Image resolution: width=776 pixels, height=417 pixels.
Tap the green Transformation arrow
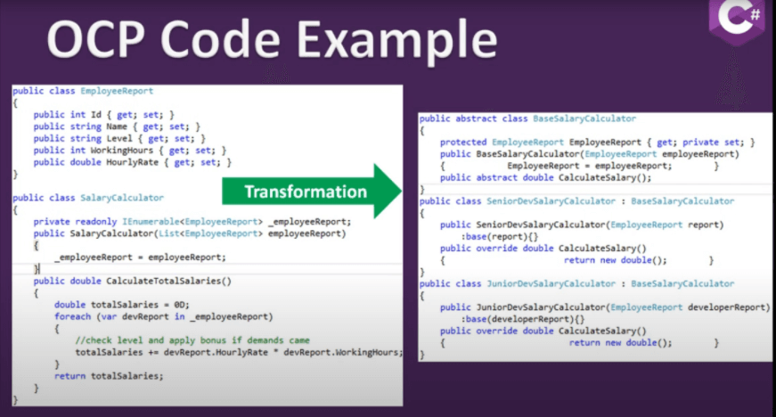(312, 191)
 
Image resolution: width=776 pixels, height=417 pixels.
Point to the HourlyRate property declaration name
(133, 162)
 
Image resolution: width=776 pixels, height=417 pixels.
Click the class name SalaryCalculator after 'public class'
(122, 198)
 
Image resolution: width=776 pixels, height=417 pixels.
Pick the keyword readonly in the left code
(96, 222)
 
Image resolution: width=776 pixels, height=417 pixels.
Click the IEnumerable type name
(151, 222)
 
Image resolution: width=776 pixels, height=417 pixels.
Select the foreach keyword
(73, 316)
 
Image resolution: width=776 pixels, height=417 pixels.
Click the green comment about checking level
(192, 340)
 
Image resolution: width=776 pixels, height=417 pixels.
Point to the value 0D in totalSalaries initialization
(181, 305)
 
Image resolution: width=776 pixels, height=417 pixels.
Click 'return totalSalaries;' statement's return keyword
(69, 376)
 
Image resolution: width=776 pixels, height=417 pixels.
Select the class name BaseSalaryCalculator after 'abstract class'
(584, 119)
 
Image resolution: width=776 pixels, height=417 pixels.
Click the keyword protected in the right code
(463, 143)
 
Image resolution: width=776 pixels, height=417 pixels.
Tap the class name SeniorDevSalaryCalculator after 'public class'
(551, 201)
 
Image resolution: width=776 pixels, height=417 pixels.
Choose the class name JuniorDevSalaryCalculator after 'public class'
(551, 284)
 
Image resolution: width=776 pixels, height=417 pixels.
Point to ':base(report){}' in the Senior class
(499, 236)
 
